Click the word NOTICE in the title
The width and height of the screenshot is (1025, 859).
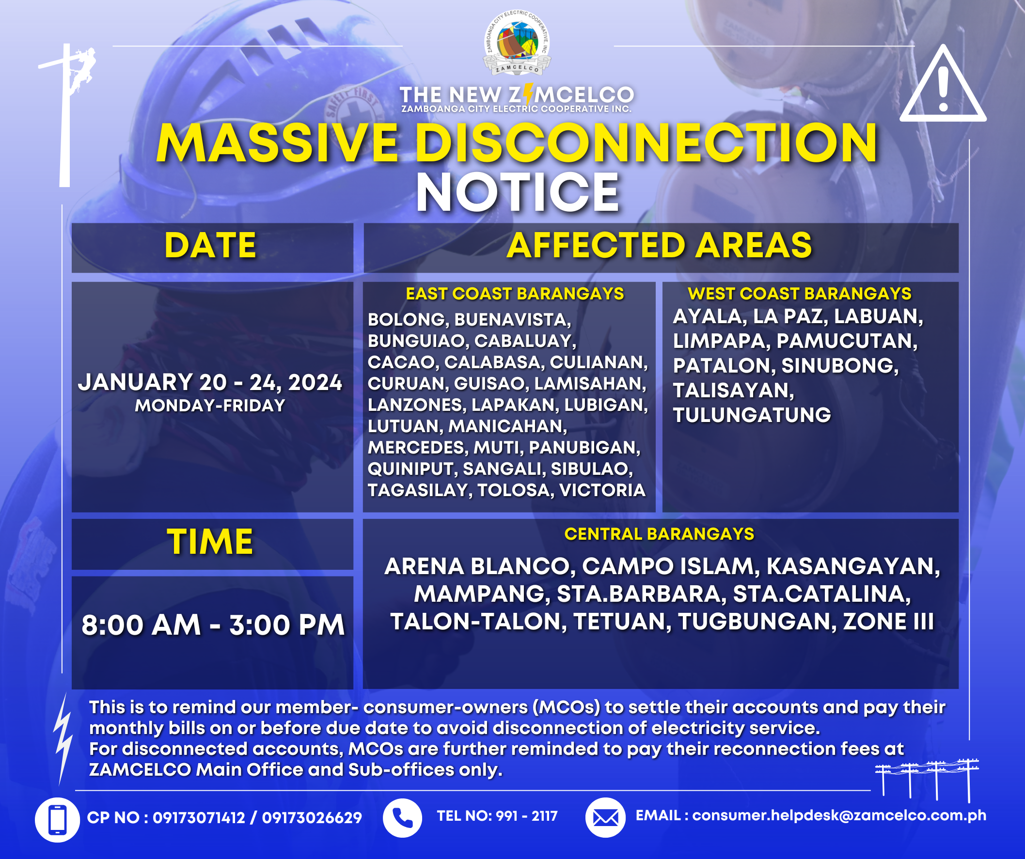click(518, 192)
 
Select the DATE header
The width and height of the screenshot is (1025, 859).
click(210, 245)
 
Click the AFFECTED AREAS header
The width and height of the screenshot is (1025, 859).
click(660, 245)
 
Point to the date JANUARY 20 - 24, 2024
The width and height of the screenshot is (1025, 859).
click(210, 382)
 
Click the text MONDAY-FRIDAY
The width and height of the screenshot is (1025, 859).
click(210, 406)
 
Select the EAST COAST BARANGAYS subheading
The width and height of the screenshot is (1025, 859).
click(515, 294)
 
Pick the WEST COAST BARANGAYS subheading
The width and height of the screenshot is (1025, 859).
click(800, 294)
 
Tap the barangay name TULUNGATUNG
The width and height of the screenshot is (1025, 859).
click(752, 415)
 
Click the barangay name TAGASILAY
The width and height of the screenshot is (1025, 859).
click(419, 490)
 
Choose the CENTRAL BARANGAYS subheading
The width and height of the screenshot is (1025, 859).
click(660, 534)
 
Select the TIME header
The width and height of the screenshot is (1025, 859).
click(210, 542)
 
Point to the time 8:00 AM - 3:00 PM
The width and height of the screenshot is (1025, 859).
click(213, 625)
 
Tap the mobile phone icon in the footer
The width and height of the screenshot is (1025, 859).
click(57, 820)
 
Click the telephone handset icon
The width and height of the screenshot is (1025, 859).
click(402, 818)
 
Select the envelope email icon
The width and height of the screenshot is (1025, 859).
click(605, 817)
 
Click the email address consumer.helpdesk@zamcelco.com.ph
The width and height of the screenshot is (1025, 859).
click(839, 815)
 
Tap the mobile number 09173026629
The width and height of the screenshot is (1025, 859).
click(312, 818)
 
